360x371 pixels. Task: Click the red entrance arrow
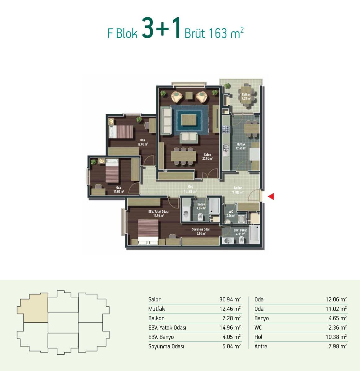271,196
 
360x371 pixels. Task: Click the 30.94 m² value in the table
230,299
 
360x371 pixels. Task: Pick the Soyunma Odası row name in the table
166,346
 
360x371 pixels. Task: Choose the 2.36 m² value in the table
337,327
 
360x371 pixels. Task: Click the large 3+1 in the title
161,28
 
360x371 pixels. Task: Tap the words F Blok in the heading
123,33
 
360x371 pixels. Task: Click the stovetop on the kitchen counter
226,129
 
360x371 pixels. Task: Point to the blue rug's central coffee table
189,120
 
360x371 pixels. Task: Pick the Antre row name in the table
261,346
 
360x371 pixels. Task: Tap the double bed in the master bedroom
148,232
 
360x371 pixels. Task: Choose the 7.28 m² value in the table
232,318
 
